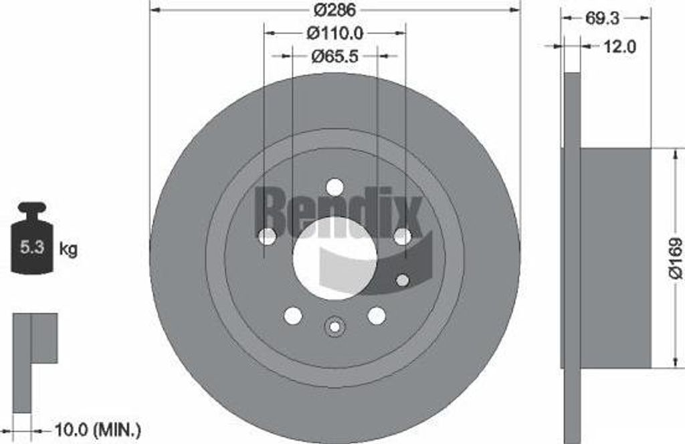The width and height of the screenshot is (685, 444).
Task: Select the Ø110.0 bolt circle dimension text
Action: pyautogui.click(x=334, y=32)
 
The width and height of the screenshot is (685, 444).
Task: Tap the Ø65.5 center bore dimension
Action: pyautogui.click(x=335, y=56)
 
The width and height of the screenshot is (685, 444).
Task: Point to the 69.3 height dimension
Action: pyautogui.click(x=602, y=19)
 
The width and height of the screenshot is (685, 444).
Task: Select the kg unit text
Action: pyautogui.click(x=68, y=249)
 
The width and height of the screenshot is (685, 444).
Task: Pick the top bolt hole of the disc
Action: pyautogui.click(x=334, y=187)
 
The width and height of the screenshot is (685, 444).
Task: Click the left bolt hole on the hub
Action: pyautogui.click(x=267, y=236)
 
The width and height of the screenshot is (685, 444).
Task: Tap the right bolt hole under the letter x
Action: pyautogui.click(x=402, y=236)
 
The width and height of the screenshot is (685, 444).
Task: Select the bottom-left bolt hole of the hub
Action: pyautogui.click(x=292, y=315)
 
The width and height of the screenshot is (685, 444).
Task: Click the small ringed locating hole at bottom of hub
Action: pyautogui.click(x=334, y=327)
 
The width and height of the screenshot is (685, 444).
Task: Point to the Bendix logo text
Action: pyautogui.click(x=338, y=211)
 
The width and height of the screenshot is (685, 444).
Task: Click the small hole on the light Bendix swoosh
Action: pyautogui.click(x=402, y=280)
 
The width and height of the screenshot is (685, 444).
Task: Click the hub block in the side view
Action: pyautogui.click(x=615, y=257)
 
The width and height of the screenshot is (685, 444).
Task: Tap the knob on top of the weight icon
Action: pyautogui.click(x=32, y=207)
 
